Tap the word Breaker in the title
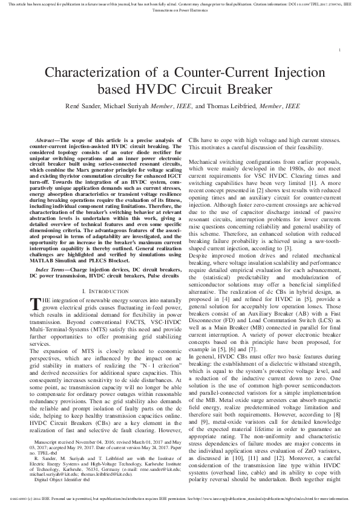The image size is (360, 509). [255, 91]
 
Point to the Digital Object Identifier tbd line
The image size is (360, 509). [64, 495]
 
